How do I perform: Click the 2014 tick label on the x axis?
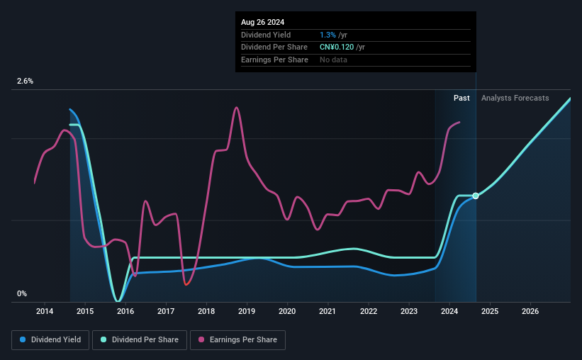[45, 311]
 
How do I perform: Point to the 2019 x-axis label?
[247, 311]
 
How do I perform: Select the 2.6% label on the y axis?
[25, 81]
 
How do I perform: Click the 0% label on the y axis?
[22, 294]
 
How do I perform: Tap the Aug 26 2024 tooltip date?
[262, 22]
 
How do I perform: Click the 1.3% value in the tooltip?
[328, 35]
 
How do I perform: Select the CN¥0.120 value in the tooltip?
[342, 47]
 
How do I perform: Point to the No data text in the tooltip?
[334, 60]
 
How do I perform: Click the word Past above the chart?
[461, 99]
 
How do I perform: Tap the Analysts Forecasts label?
[515, 99]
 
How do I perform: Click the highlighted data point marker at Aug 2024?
[476, 196]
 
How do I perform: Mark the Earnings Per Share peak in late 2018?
[236, 108]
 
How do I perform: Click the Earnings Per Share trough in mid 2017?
[186, 284]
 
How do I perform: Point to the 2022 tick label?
[368, 311]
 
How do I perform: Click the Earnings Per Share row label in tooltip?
[274, 60]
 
